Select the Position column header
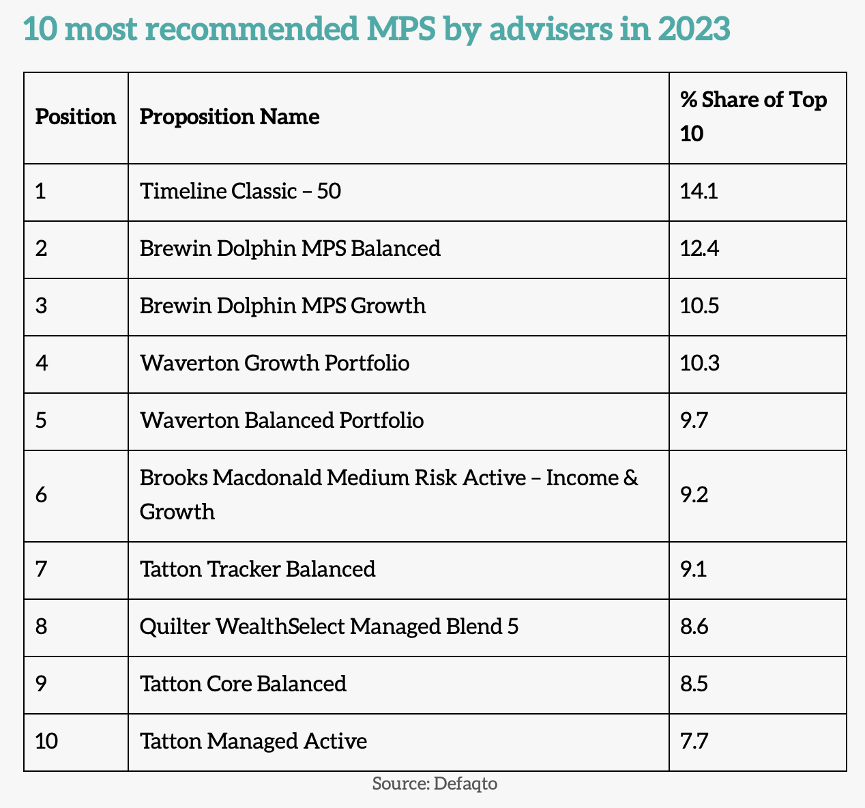pos(76,117)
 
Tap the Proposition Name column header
pos(229,117)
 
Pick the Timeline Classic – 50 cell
pos(240,191)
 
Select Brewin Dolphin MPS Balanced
pos(290,248)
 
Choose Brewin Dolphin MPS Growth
pos(282,306)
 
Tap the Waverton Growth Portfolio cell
pos(274,363)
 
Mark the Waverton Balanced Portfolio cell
pos(281,420)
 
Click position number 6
pos(42,495)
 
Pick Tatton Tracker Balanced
pos(257,569)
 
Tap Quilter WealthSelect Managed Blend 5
pos(329,626)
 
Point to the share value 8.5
pos(694,684)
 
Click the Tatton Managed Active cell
pos(253,741)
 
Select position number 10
pos(46,741)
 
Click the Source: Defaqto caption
pos(435,783)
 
